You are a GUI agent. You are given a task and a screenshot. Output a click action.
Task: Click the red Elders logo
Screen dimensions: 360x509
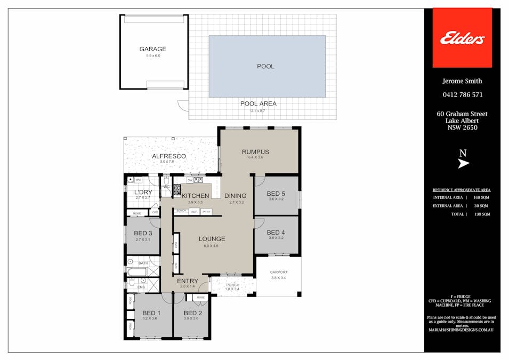point(462,38)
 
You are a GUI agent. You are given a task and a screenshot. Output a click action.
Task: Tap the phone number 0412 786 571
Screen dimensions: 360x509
point(462,95)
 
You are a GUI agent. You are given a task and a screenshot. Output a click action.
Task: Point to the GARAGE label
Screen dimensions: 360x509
point(152,49)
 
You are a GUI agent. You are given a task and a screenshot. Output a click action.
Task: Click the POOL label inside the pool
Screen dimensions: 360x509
point(265,67)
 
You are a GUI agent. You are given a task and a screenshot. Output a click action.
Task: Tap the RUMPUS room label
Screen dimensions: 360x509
point(255,152)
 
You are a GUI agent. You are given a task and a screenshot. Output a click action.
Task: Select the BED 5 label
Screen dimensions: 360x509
point(276,194)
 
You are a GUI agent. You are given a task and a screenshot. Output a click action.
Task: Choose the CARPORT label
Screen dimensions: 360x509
point(279,272)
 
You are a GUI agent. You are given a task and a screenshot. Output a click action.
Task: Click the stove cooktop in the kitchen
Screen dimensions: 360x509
point(177,188)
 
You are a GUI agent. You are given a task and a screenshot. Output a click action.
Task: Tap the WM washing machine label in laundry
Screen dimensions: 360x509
point(138,180)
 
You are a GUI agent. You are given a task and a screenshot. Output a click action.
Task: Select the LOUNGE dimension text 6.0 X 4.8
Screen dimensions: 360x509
point(212,246)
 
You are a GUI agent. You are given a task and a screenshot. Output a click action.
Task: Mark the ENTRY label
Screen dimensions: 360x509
point(187,281)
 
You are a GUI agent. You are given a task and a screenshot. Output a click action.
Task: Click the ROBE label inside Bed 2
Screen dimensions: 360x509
point(200,298)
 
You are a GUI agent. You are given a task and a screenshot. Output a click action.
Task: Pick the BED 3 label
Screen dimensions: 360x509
point(143,233)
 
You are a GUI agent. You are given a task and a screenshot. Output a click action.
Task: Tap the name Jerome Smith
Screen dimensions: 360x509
point(462,81)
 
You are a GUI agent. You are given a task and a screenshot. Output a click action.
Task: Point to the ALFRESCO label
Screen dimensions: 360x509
point(168,156)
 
